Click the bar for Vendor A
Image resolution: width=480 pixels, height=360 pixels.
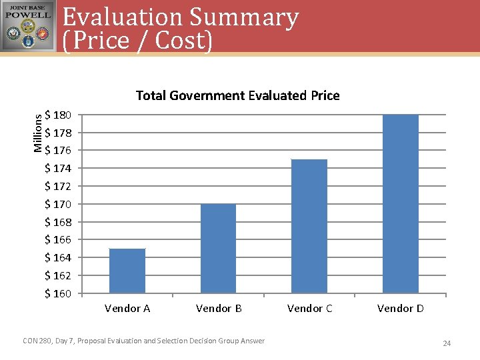tap(127, 271)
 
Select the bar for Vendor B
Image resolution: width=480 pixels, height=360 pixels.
tap(219, 248)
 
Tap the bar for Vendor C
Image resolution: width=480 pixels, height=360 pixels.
tap(309, 226)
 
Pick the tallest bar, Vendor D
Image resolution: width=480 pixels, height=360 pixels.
tap(401, 203)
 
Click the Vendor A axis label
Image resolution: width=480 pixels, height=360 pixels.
tap(127, 308)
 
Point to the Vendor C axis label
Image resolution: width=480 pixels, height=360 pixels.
tap(309, 308)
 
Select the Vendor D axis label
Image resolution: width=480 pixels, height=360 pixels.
tap(400, 308)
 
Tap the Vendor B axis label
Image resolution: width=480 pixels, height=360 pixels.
tap(219, 308)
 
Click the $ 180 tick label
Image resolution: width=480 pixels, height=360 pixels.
tap(58, 115)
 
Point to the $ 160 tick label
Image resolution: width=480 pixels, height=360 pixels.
tap(58, 293)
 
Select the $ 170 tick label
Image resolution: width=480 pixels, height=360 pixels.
tap(58, 204)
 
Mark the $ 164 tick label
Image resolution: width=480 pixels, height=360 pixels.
tap(58, 257)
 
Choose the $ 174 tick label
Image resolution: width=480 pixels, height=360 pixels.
tap(58, 168)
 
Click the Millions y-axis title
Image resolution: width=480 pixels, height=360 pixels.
tap(38, 132)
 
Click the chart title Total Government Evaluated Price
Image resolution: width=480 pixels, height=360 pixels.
tap(237, 95)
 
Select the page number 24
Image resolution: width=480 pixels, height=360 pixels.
tap(447, 343)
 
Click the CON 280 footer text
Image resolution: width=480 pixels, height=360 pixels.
tap(143, 341)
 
